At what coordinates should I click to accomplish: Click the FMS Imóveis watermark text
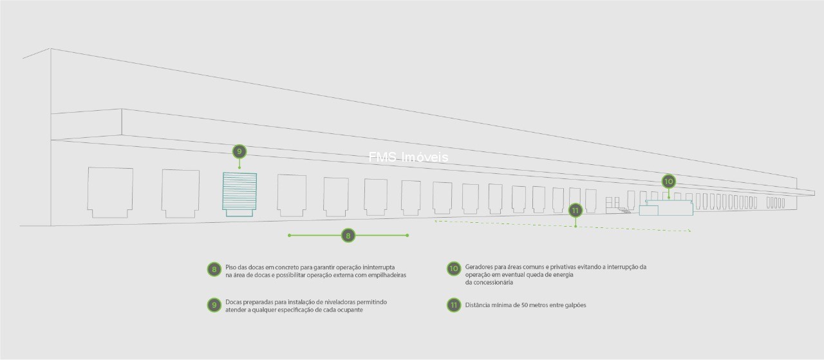pos(408,157)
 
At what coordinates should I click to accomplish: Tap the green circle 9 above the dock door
pos(239,151)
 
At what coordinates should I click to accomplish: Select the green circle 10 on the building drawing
pos(669,182)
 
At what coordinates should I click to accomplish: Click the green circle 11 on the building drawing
pos(576,211)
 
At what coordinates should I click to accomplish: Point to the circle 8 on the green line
pos(348,235)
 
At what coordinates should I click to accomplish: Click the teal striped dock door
pos(239,194)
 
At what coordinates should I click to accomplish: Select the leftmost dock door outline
pos(110,193)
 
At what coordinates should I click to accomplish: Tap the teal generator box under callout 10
pos(666,208)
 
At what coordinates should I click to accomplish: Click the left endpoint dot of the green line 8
pos(290,235)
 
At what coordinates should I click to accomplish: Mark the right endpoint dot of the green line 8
pos(407,235)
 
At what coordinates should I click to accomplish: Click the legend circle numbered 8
pos(214,269)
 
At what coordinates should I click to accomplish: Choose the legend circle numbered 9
pos(214,305)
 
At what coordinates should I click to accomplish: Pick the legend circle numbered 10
pos(454,269)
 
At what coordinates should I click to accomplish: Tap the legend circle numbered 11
pos(454,305)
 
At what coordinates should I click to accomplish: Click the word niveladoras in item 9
pos(340,302)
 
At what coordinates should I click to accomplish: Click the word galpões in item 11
pos(575,305)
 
